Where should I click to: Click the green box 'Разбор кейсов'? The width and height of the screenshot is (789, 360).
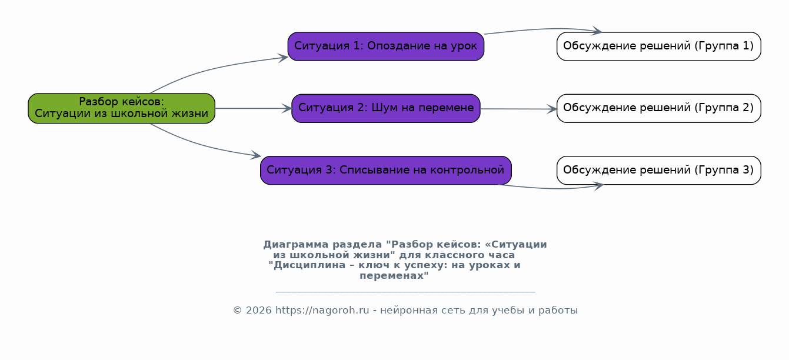(122, 108)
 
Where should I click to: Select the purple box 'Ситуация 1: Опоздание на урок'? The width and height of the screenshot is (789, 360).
(386, 46)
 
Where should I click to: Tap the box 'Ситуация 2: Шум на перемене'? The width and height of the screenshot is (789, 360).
(386, 108)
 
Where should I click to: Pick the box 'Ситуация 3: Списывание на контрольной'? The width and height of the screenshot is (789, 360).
(386, 171)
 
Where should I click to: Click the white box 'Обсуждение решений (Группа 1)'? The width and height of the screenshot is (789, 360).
(658, 46)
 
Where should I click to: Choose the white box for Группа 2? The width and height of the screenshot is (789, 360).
(658, 108)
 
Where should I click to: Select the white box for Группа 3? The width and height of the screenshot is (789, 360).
(658, 171)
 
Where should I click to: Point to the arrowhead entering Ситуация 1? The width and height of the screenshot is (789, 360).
(283, 58)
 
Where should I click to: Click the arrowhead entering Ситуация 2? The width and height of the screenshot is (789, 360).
(287, 108)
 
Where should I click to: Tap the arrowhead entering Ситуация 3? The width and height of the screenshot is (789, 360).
(256, 155)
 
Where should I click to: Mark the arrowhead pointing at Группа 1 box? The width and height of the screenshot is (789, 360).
(597, 31)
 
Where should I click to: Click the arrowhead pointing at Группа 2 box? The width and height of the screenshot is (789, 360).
(552, 109)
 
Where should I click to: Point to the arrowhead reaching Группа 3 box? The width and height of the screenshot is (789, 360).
(598, 185)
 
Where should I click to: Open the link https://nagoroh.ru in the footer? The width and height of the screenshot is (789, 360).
(322, 311)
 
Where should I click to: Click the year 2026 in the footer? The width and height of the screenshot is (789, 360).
(258, 311)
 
